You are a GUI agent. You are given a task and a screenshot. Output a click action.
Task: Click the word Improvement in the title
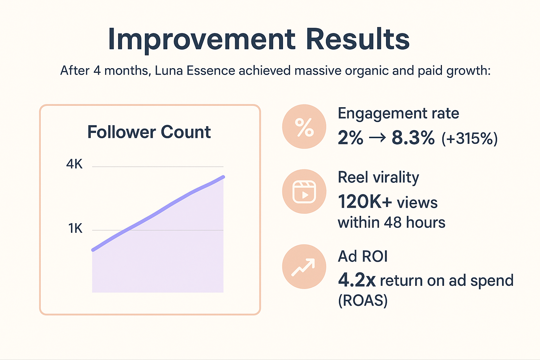coord(201,39)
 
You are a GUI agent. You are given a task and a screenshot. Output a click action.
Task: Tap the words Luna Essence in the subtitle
coord(195,71)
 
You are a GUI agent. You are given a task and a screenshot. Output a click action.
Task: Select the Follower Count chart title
coord(149,132)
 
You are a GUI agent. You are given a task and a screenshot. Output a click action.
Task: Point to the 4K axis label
coord(75,164)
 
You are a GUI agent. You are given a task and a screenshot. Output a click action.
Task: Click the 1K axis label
coord(75,229)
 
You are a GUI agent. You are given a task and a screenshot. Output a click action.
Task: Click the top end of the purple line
coord(223,177)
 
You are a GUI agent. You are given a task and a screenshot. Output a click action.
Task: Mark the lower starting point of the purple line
coord(93,250)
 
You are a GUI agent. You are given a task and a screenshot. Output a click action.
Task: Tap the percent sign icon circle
coord(304,127)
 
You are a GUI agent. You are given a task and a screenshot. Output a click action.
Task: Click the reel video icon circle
coord(304,192)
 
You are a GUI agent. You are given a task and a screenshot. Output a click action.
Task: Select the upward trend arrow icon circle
coord(304,266)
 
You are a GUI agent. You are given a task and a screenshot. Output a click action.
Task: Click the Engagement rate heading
coord(398,114)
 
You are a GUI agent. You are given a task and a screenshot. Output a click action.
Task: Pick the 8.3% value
coord(413,138)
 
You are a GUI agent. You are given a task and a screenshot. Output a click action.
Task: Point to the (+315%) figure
coord(470,139)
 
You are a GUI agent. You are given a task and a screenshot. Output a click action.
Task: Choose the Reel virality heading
coord(378,178)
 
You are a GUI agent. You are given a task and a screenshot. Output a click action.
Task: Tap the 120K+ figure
coord(365,202)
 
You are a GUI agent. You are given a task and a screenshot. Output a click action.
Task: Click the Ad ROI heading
coord(362,256)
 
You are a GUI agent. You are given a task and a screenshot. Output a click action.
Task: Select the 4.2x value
coord(356,280)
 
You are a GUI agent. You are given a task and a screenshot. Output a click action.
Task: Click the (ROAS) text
coord(363,301)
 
